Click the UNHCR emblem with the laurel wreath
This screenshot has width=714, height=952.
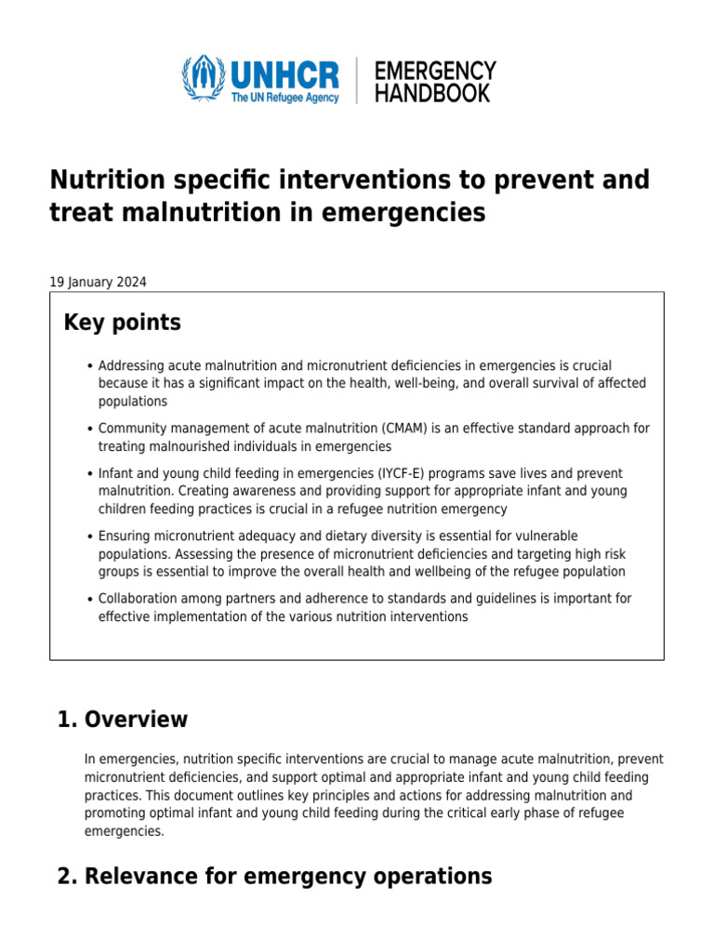(x=202, y=79)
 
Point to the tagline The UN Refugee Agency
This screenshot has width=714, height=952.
(x=285, y=98)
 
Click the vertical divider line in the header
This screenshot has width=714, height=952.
(x=356, y=80)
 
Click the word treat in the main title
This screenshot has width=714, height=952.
(x=82, y=213)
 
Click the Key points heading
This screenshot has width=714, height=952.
(x=122, y=323)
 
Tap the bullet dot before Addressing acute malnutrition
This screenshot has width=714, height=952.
(x=88, y=366)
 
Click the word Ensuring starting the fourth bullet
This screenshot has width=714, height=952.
(x=126, y=535)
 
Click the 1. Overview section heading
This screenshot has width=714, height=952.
(x=123, y=720)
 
